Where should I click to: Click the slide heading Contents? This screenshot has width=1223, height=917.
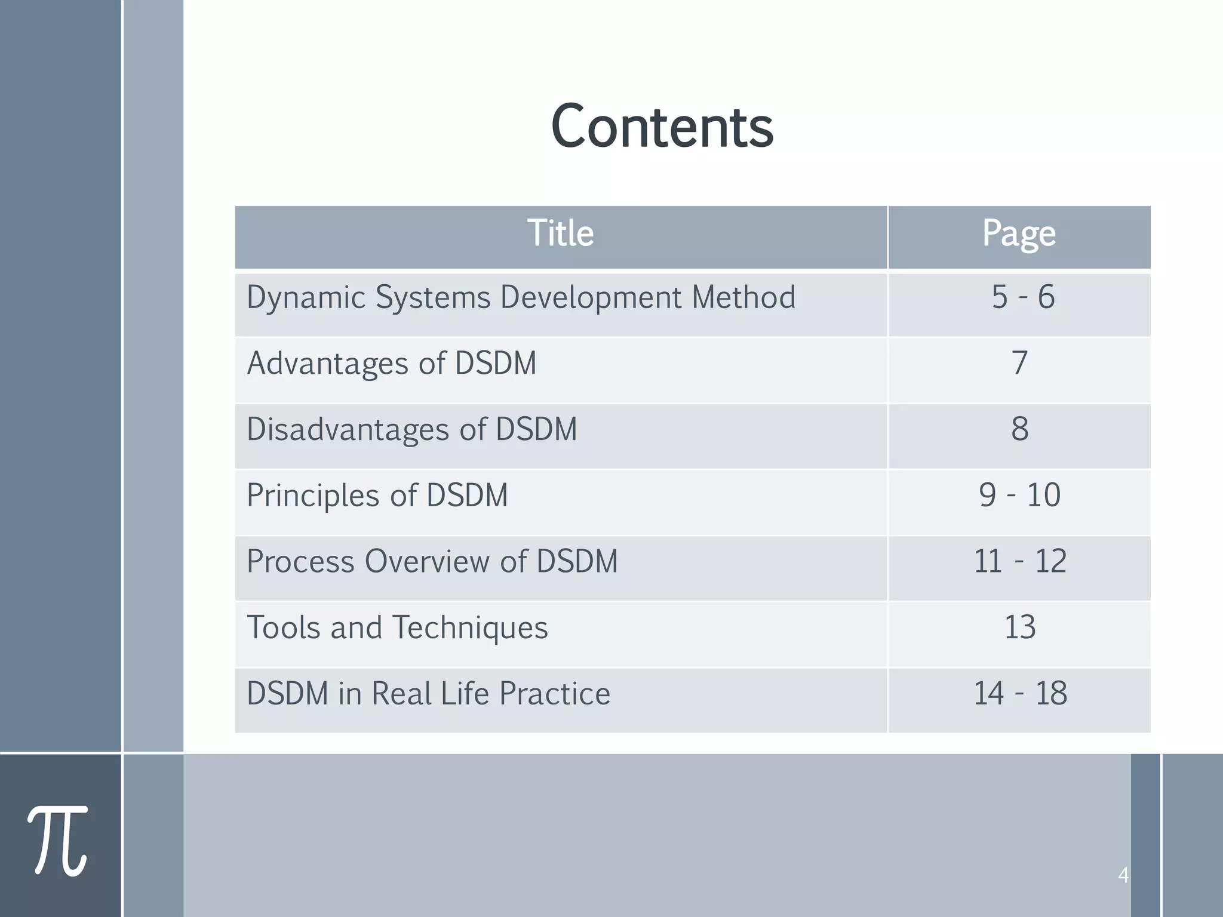point(662,127)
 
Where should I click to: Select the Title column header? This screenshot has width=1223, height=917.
point(560,233)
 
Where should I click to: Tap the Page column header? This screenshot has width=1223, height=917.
point(1019,234)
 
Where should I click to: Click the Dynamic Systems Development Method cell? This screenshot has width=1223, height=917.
point(521,297)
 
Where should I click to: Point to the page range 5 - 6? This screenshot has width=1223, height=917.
point(1023,297)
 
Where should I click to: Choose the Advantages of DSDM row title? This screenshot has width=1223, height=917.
point(392,363)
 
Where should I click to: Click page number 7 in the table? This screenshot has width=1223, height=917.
point(1019,363)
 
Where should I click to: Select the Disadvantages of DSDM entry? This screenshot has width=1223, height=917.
point(412,429)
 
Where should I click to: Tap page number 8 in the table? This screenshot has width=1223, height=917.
point(1020,429)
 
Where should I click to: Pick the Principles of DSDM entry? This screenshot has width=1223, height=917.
point(377,496)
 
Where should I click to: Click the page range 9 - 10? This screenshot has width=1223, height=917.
point(1019,495)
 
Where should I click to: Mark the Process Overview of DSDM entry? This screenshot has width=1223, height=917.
point(432,562)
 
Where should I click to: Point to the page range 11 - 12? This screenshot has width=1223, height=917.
point(1020,561)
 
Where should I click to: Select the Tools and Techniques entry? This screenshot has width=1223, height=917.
point(397,627)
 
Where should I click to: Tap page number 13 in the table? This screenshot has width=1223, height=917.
point(1020,627)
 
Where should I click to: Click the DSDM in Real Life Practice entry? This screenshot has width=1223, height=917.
point(428,694)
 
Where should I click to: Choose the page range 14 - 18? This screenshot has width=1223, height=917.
point(1020,694)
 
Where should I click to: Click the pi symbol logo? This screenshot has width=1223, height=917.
point(58,840)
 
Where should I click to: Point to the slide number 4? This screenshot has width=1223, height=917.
point(1123,875)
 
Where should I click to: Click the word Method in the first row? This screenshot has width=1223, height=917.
point(743,297)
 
